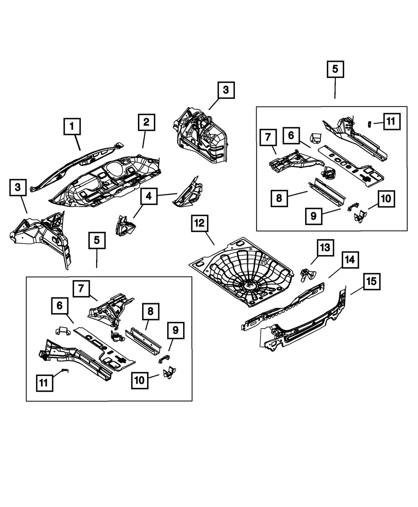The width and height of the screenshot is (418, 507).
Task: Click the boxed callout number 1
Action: (x=71, y=126)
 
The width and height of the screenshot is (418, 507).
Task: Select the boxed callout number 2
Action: (x=146, y=122)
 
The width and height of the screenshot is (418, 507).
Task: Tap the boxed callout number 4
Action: (x=149, y=196)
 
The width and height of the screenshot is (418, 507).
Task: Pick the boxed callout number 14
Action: (x=349, y=260)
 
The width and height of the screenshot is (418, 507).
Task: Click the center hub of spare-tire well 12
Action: (x=250, y=286)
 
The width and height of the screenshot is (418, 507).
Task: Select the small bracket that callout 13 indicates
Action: (x=309, y=274)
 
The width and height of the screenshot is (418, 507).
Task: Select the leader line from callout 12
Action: (x=208, y=238)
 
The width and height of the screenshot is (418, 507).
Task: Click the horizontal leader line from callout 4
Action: (x=167, y=195)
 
